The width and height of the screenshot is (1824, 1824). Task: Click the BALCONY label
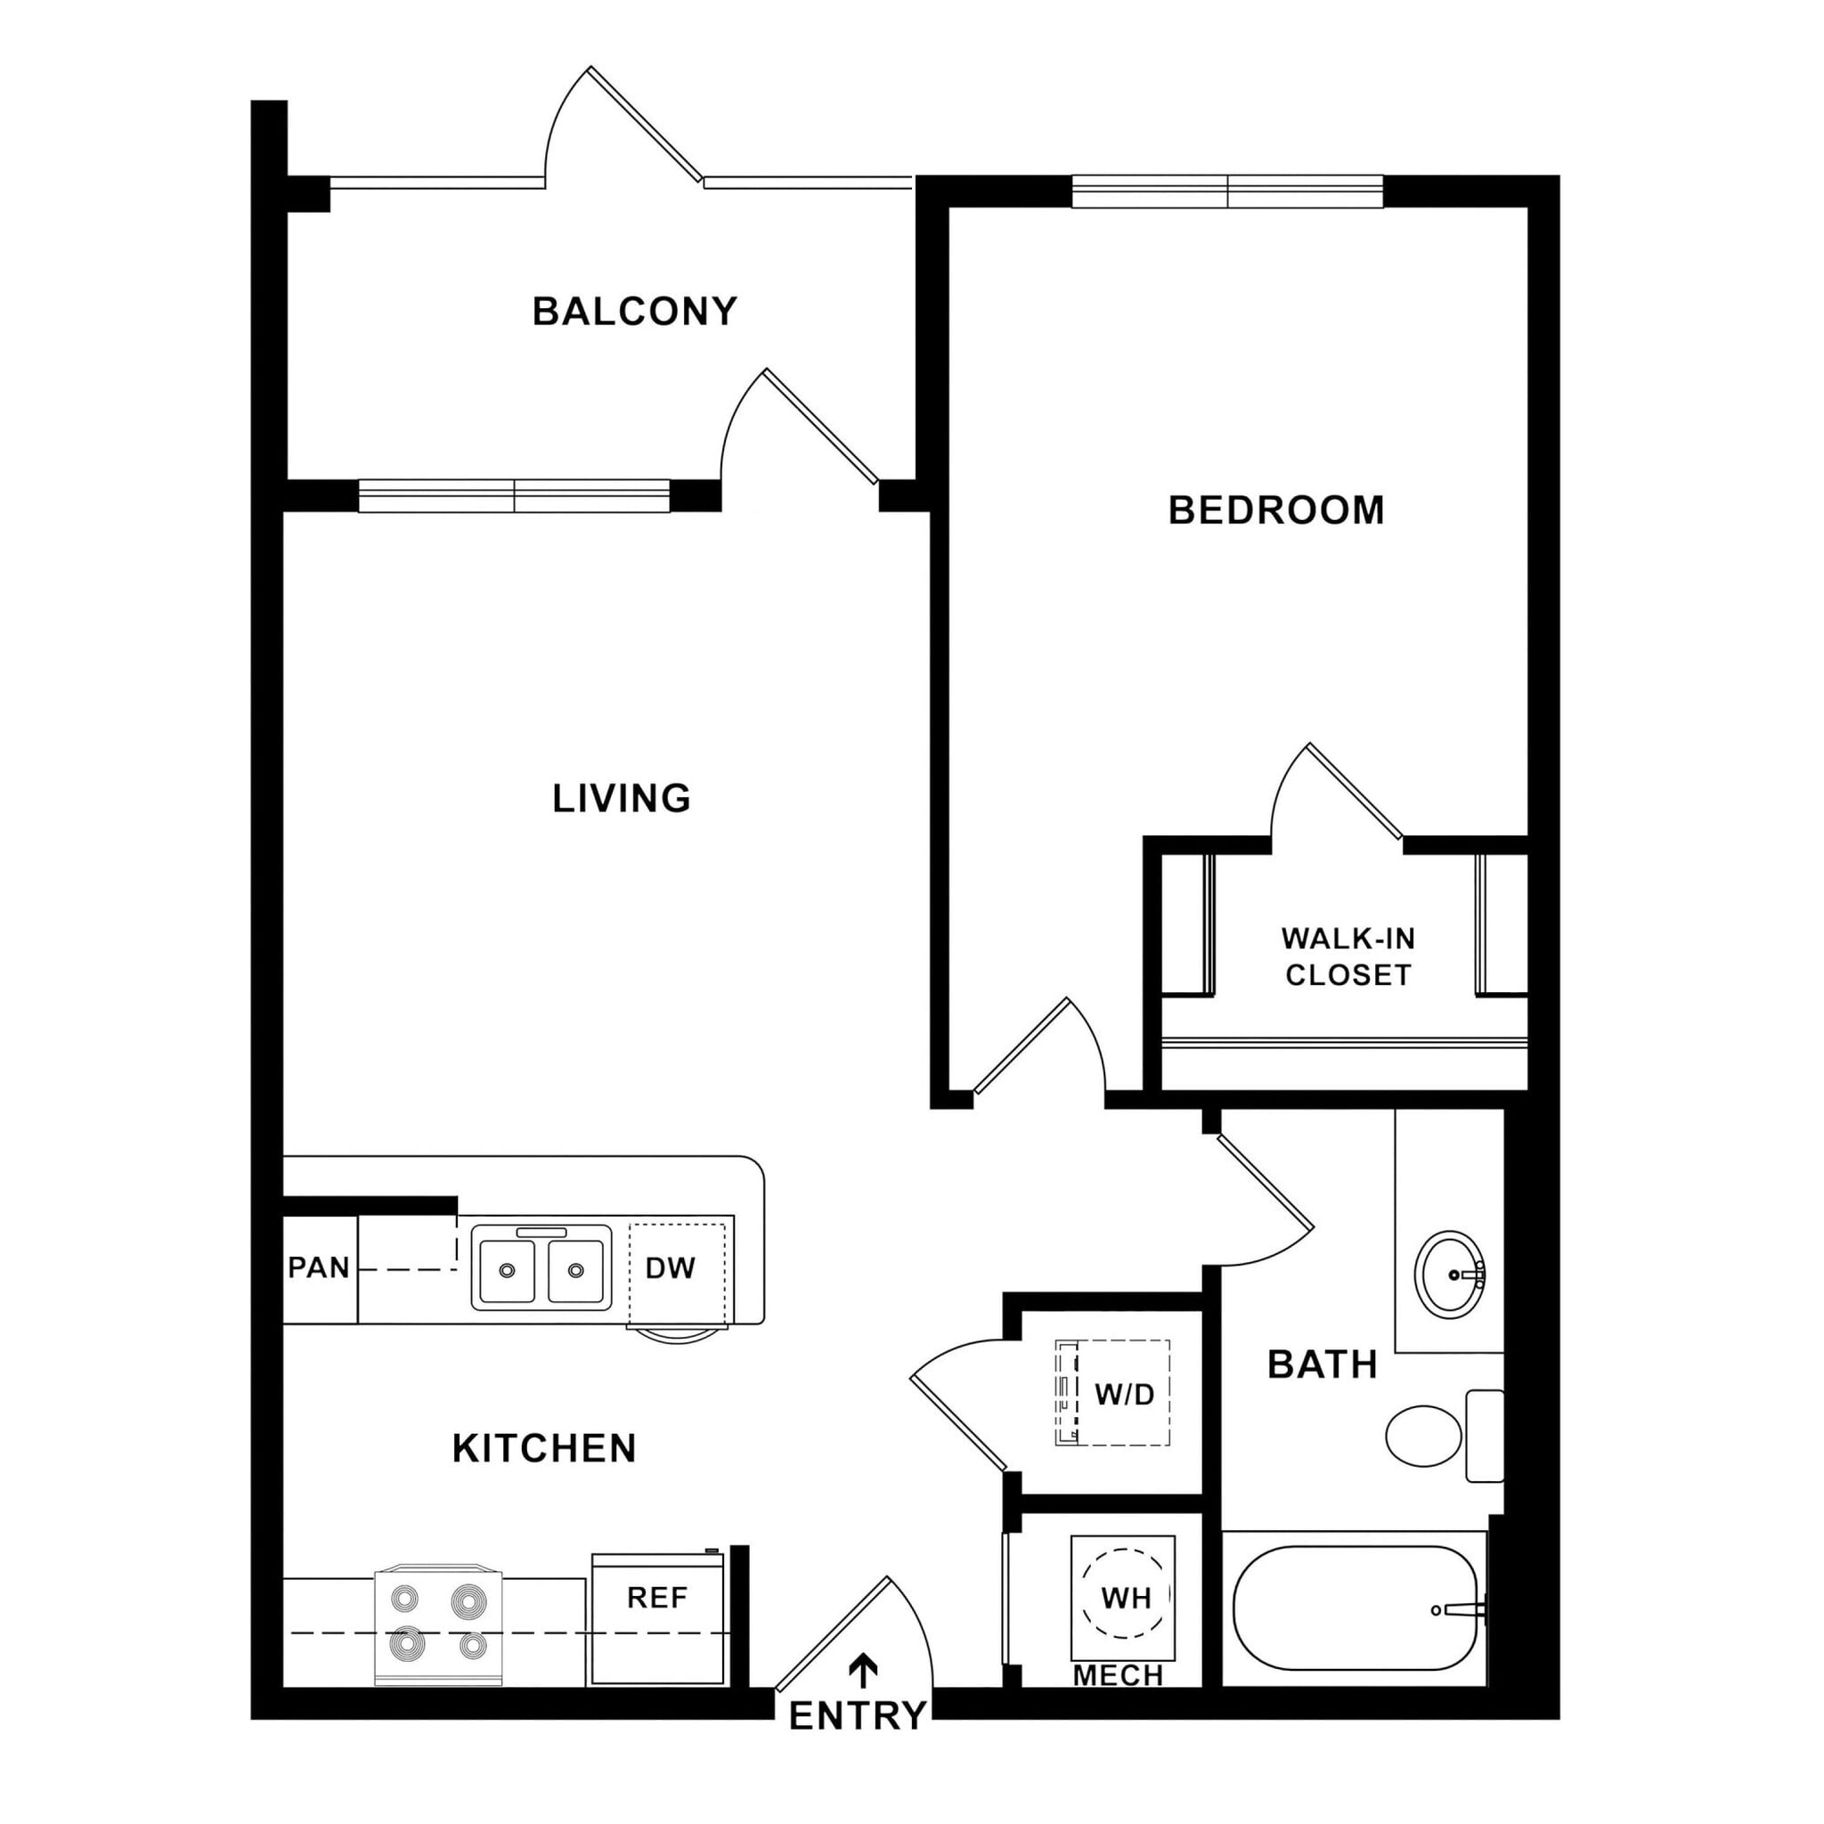634,312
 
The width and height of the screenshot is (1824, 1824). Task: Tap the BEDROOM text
1275,510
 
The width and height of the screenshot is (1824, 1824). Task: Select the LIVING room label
622,799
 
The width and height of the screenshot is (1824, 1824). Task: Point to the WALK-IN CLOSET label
1348,957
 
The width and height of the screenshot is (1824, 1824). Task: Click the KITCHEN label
544,1448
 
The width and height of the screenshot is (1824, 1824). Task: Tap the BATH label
1322,1365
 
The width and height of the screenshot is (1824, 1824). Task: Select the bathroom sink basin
1450,1274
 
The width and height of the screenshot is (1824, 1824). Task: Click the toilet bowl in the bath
1422,1436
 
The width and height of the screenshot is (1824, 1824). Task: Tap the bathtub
1354,1608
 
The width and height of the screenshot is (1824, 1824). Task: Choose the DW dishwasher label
671,1268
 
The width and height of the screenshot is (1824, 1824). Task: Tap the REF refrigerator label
657,1598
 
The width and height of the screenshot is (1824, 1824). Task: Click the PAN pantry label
319,1267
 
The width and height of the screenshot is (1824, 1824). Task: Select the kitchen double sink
541,1267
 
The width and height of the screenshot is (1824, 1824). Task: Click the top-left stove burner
406,1600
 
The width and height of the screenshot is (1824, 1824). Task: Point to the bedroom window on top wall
1226,191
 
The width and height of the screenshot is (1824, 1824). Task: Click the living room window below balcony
515,496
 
